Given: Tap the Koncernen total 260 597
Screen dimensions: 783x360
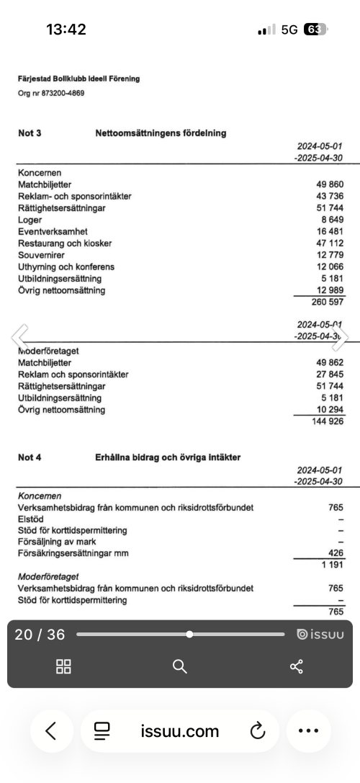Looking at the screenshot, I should pos(324,303).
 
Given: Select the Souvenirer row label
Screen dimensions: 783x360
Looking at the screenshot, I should pos(41,255).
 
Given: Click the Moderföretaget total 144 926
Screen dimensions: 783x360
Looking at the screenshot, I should pos(324,421).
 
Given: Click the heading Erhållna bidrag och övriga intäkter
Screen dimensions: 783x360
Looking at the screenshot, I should pos(168,457).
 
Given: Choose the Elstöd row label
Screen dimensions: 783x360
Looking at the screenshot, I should pos(30,519).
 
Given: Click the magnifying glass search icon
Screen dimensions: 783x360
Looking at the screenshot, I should pos(180,666).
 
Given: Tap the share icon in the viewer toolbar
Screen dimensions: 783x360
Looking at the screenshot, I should pos(297,666).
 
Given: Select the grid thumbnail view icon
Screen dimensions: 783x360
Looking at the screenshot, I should pos(63,666).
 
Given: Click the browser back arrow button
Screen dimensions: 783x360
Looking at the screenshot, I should pos(50,732).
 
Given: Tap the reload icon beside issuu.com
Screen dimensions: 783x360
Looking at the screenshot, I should pos(258,732).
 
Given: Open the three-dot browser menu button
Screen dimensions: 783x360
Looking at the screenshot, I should pos(308,732).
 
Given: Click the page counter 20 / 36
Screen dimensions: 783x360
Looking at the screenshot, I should pos(40,635).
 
